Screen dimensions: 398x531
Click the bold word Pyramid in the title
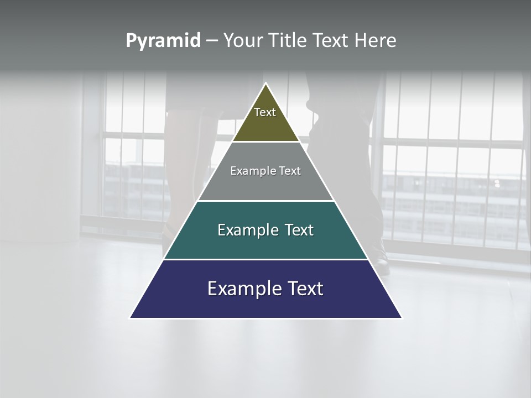(x=163, y=41)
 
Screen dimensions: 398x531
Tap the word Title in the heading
(x=289, y=41)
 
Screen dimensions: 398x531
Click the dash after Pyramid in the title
(x=212, y=41)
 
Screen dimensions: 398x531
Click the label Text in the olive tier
(x=265, y=112)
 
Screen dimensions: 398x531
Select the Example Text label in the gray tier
(x=265, y=171)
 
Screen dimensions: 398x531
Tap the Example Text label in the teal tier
(x=265, y=230)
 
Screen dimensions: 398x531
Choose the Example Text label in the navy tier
(x=265, y=289)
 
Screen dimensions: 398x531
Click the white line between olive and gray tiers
(x=266, y=142)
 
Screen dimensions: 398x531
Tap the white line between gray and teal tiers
(x=266, y=201)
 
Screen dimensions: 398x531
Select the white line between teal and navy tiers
(x=266, y=259)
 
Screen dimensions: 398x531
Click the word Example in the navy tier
(x=243, y=289)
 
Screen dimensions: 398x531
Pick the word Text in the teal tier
(x=296, y=230)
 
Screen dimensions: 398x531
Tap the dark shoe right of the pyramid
(x=382, y=260)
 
